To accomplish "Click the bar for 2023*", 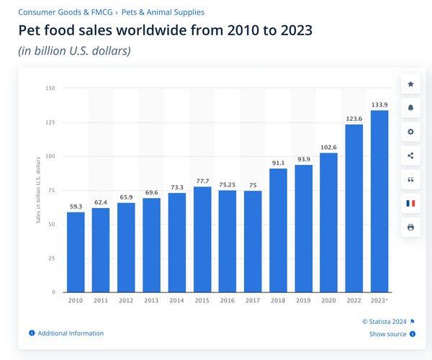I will pos(379,201).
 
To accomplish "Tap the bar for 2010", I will pos(76,252).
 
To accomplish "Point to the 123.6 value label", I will pos(354,118).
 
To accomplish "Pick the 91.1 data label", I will pos(278,162).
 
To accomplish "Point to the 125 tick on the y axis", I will pos(50,122).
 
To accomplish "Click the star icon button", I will pos(411,84).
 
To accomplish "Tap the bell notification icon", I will pos(411,108).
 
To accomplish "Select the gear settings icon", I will pos(411,132).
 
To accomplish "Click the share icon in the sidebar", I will pos(411,156).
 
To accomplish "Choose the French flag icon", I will pos(411,203).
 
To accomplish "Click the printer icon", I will pos(411,227).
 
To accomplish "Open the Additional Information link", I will pos(71,333).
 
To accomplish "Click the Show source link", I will pos(387,334).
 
